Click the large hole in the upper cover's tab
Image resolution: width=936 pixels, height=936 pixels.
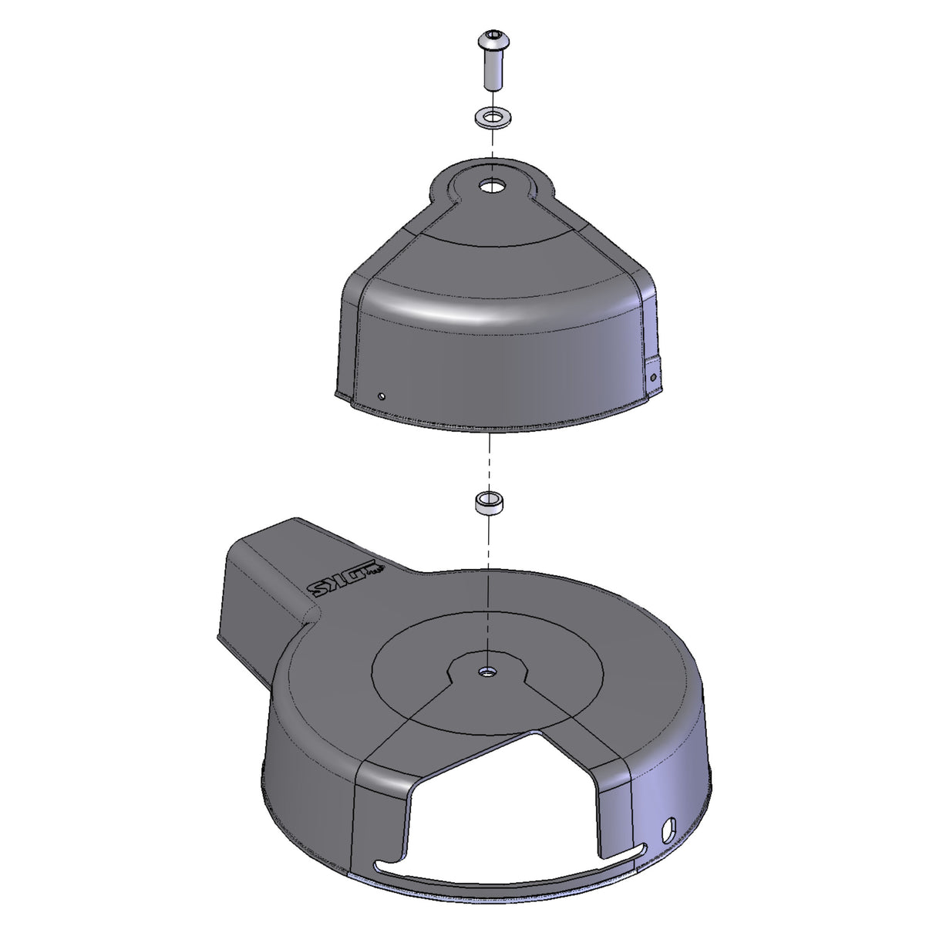tap(490, 186)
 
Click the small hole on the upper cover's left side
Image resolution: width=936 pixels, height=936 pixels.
tap(381, 396)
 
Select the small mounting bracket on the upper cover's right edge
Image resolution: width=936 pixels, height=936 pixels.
tap(653, 376)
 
